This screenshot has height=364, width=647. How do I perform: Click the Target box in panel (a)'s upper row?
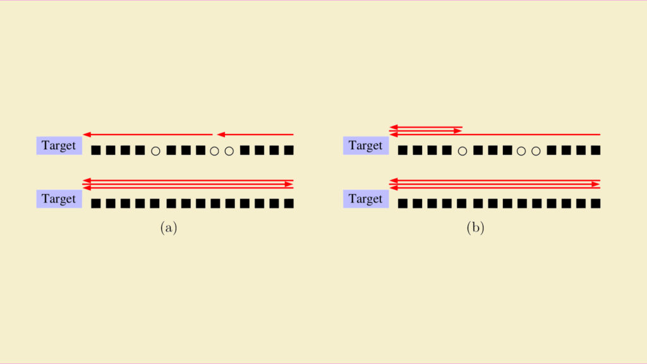[59, 146]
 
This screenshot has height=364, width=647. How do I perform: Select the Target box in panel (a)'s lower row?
[59, 199]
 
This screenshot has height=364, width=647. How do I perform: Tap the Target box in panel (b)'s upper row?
[366, 146]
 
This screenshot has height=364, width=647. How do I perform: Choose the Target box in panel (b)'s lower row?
[366, 199]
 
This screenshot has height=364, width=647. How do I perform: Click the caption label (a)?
[169, 227]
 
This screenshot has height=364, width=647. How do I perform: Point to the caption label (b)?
[475, 227]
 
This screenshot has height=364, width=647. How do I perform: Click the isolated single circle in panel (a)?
[155, 151]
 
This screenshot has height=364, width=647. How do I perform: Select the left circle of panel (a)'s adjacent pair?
[215, 151]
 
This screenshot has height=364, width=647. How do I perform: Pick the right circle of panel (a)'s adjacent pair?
[229, 151]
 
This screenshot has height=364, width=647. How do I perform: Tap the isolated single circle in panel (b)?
[463, 151]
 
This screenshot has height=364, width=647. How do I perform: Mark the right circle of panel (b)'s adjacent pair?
[536, 151]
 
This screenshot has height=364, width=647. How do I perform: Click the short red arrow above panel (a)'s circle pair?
[255, 135]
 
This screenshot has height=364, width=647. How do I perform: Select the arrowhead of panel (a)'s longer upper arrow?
[87, 135]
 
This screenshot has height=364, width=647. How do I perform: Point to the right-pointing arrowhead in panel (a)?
[289, 184]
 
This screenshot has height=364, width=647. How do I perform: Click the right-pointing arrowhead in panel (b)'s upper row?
[458, 131]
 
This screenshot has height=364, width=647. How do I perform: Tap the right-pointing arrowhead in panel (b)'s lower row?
[596, 184]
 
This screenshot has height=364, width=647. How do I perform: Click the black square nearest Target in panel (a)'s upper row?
[96, 150]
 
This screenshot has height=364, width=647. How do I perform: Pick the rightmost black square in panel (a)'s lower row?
[289, 203]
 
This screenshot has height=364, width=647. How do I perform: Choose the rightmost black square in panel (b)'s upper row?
[595, 150]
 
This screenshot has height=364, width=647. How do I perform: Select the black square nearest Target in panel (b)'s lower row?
[402, 203]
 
